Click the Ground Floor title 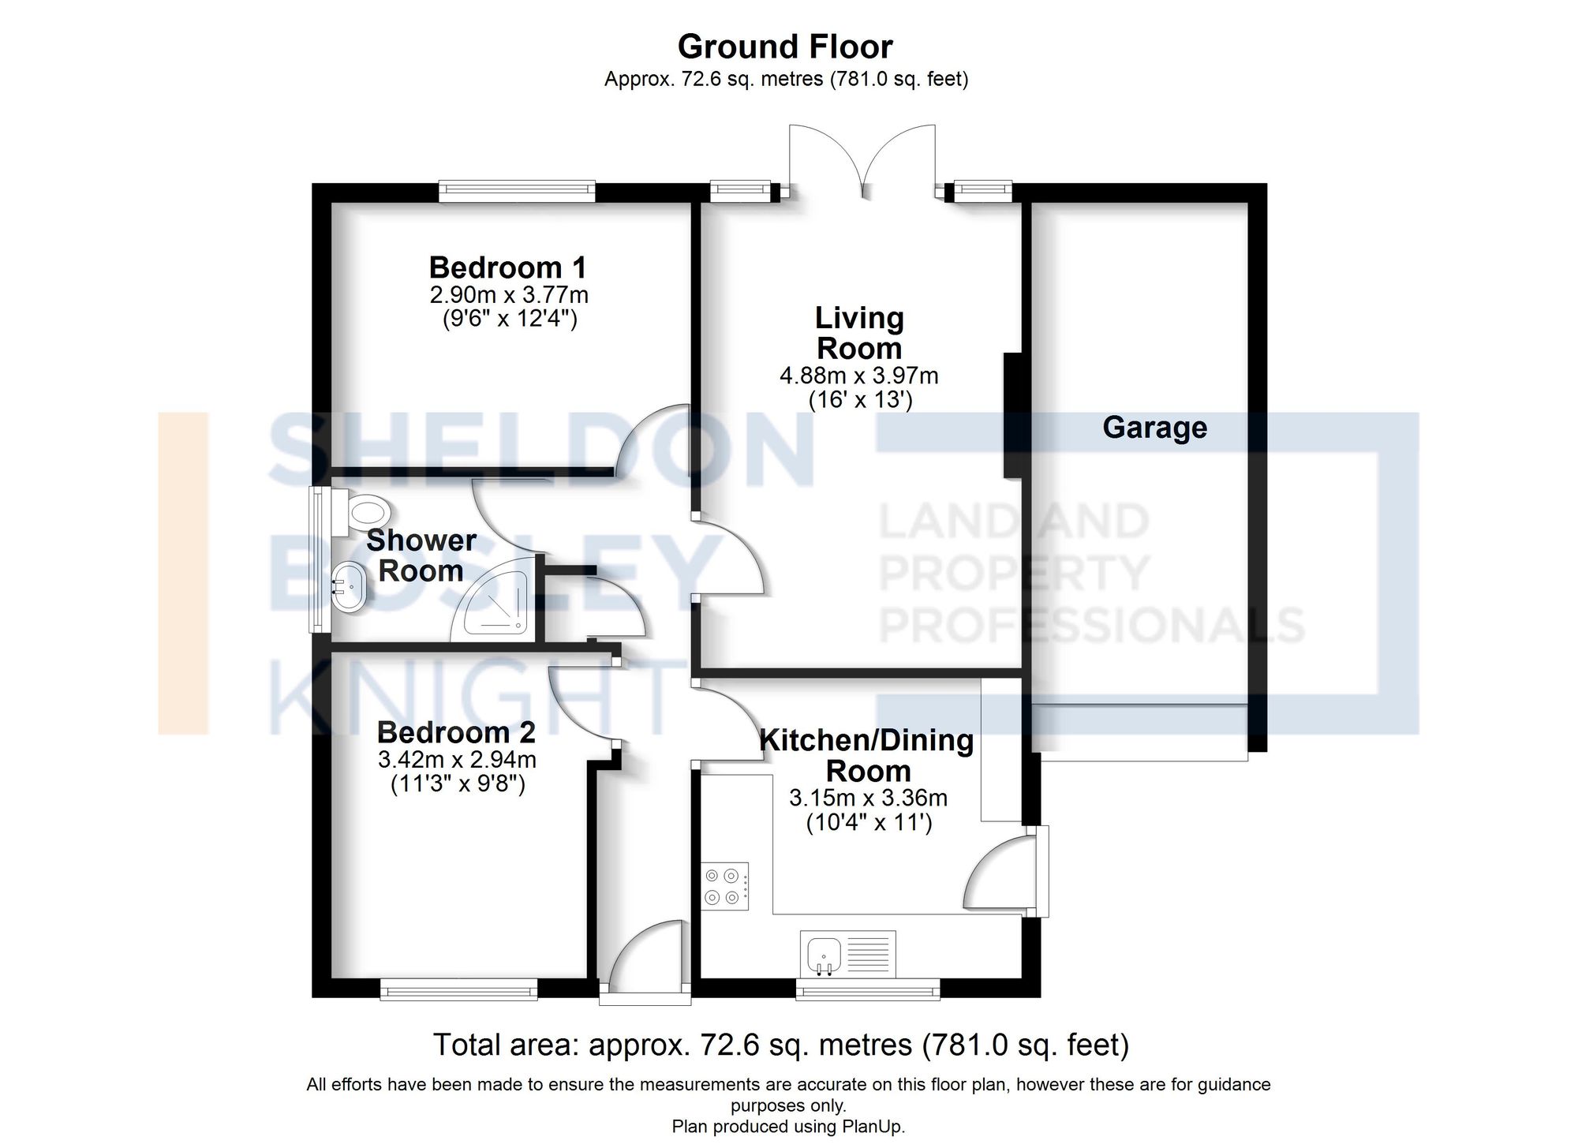pos(785,47)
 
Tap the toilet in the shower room pos(366,512)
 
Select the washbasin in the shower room pos(348,587)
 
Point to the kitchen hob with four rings pos(724,886)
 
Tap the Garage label pos(1154,428)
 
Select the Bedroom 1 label pos(508,267)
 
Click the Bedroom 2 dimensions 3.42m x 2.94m pos(457,760)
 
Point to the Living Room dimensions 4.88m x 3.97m pos(858,376)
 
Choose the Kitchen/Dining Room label pos(866,755)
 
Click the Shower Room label pos(421,555)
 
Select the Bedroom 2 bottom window pos(458,989)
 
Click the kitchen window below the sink pos(868,989)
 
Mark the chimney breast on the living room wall pos(1013,415)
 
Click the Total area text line pos(781,1045)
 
